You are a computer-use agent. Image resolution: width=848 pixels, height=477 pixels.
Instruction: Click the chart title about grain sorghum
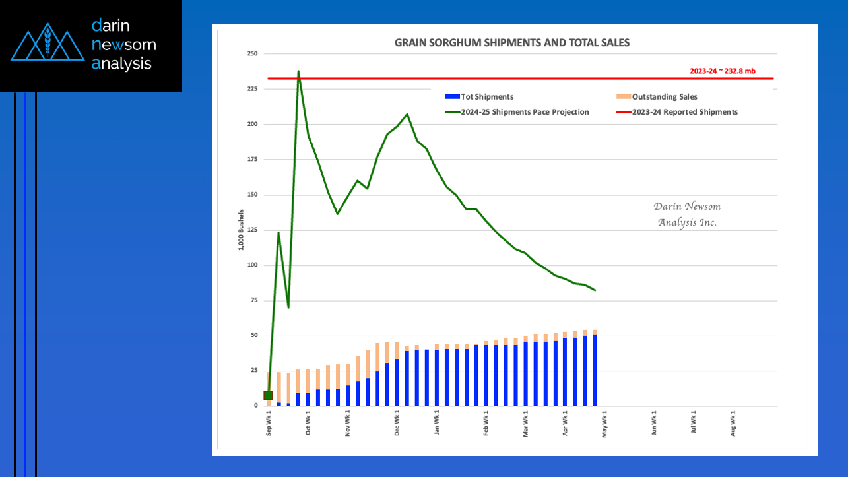pyautogui.click(x=512, y=43)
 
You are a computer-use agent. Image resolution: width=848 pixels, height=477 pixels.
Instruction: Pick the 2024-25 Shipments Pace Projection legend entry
pyautogui.click(x=517, y=112)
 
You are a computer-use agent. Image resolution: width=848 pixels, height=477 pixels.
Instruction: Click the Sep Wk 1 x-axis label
pyautogui.click(x=269, y=423)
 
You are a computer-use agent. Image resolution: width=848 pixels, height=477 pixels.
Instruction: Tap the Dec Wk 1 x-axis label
pyautogui.click(x=397, y=423)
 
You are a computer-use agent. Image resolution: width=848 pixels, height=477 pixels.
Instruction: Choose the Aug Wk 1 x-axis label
pyautogui.click(x=733, y=423)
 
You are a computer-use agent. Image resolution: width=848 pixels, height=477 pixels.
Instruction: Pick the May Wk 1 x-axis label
pyautogui.click(x=604, y=423)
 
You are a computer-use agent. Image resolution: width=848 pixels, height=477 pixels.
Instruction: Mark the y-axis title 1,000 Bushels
pyautogui.click(x=242, y=230)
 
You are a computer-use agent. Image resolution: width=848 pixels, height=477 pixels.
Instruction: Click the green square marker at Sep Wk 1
pyautogui.click(x=268, y=395)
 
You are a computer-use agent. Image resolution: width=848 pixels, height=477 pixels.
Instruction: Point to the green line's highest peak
pyautogui.click(x=298, y=71)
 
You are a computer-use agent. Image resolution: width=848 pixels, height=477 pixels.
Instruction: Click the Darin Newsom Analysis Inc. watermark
pyautogui.click(x=687, y=214)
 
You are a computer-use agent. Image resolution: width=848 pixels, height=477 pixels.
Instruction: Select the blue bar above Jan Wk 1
pyautogui.click(x=437, y=377)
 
